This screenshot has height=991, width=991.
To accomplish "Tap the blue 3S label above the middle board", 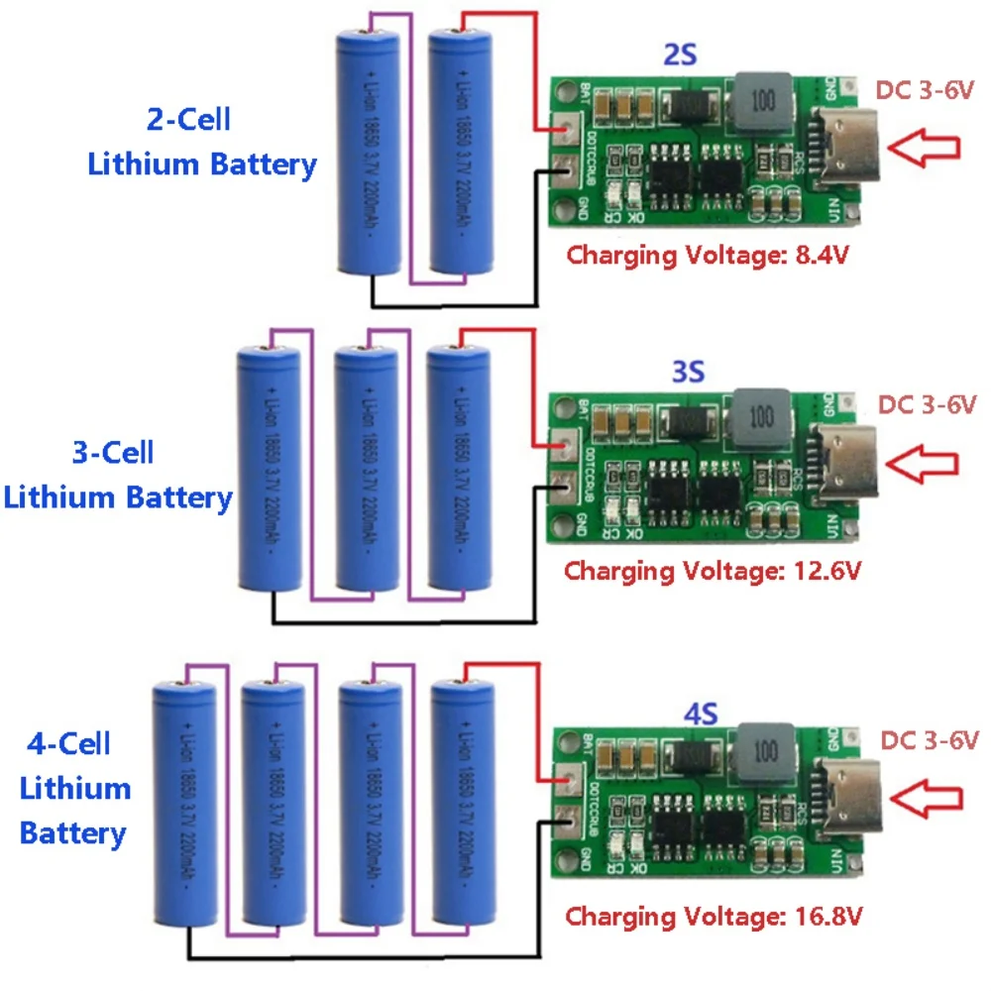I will (x=688, y=372).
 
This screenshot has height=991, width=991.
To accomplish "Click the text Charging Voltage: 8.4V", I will (x=710, y=255).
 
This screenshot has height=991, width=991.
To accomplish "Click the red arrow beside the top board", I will (x=924, y=148).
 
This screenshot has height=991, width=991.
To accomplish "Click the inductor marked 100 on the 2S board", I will (x=763, y=102).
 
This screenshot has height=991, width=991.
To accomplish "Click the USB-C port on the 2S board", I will (x=842, y=149).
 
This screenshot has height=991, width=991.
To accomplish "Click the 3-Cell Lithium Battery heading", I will (x=118, y=475).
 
